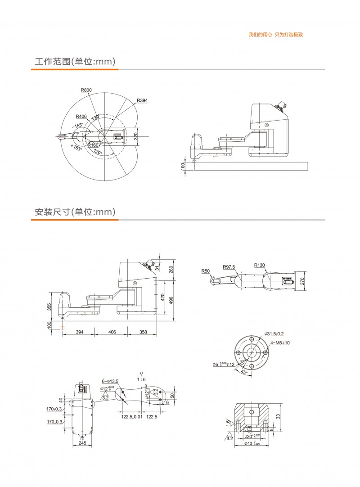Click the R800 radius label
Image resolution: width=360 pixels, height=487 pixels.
86,90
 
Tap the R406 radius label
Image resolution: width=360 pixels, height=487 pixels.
81,116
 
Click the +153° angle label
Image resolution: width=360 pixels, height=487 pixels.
76,148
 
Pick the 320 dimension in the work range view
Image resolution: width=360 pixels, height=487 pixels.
135,135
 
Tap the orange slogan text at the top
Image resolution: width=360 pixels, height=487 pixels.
275,35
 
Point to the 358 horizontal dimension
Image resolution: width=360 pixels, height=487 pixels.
143,332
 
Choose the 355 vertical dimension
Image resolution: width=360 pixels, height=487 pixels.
49,307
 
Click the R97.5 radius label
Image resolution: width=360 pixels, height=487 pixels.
229,267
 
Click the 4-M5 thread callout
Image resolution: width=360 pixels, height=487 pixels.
280,343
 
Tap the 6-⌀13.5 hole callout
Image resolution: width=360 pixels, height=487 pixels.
110,381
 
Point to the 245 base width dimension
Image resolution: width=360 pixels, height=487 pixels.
81,443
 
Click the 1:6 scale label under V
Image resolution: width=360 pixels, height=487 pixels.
141,379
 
